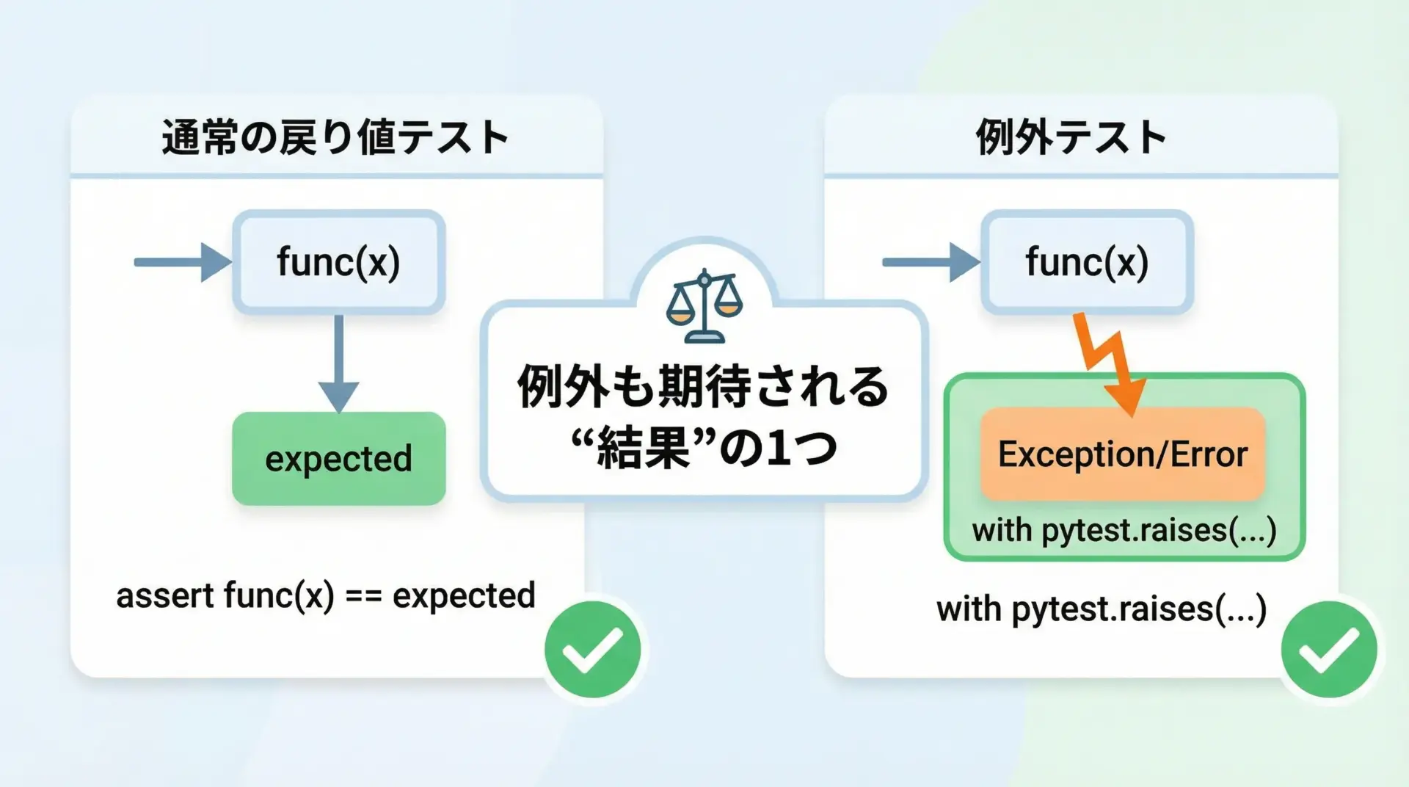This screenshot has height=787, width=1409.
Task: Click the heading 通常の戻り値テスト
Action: pos(335,137)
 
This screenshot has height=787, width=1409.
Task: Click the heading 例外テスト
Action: pos(1071,137)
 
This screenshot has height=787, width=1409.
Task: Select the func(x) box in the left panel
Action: pos(339,262)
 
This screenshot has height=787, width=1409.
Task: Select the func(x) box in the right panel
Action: pos(1087,262)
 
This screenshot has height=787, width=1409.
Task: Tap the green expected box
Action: pos(339,459)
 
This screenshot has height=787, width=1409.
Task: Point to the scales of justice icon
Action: pos(704,306)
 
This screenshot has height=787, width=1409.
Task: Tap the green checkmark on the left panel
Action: pos(592,649)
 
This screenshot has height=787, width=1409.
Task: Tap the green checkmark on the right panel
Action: pos(1329,649)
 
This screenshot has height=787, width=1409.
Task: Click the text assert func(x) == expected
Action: pos(326,595)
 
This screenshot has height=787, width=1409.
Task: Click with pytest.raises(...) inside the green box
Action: pos(1124,530)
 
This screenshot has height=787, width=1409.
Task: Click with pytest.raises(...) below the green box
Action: pos(1102,609)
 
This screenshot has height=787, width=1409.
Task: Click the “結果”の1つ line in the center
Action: pos(704,448)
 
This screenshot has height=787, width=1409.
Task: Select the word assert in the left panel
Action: pos(164,595)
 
